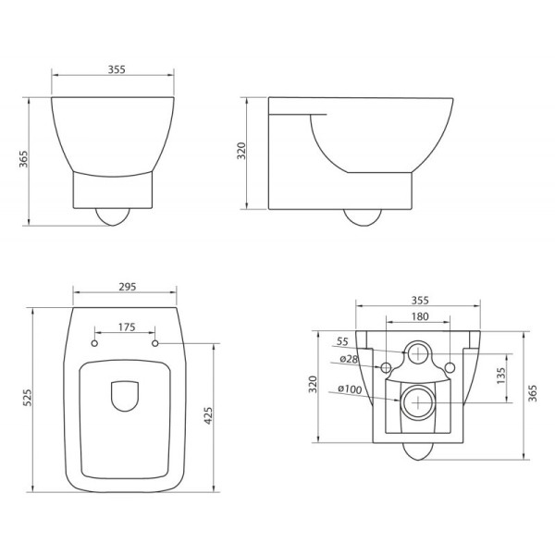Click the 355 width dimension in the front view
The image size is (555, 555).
click(x=116, y=69)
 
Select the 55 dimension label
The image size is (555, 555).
click(x=341, y=341)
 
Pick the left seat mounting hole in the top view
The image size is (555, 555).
click(x=95, y=344)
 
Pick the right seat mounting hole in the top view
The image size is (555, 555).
click(x=154, y=344)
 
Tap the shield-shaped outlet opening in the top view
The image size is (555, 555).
click(x=124, y=396)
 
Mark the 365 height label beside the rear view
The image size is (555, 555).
click(x=531, y=393)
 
